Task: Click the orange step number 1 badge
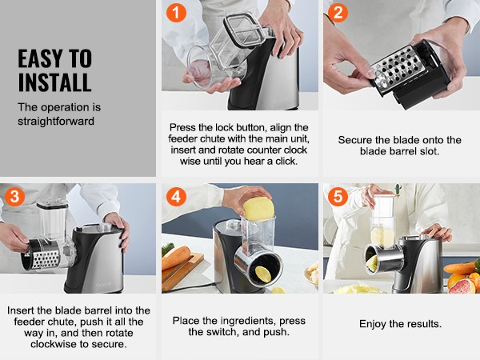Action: [176, 13]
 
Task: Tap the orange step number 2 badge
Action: [338, 13]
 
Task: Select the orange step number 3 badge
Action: [14, 196]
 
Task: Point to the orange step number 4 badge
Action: [176, 196]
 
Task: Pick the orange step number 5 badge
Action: [338, 196]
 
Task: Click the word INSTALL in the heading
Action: [54, 82]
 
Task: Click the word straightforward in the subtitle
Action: [56, 122]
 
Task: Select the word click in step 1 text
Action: [286, 161]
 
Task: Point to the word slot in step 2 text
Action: [429, 151]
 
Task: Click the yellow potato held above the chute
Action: [258, 209]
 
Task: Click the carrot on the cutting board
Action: [176, 257]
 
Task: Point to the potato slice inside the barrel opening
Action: [263, 274]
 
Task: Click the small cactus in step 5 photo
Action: [398, 189]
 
